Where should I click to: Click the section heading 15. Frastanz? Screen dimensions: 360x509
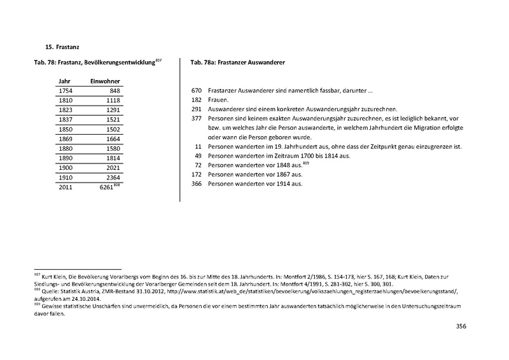62,47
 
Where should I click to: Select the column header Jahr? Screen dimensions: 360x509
64,81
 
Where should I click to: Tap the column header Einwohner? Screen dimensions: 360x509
106,81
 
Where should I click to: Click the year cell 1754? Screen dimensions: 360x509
65,91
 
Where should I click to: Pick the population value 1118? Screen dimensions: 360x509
112,100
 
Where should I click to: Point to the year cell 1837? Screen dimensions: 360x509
65,119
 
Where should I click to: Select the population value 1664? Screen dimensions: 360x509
112,138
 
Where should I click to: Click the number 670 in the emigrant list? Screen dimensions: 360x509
196,91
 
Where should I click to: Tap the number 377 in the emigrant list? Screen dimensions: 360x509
196,119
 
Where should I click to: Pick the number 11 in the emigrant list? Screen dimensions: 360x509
198,147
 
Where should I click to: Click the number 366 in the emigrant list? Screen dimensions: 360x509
196,184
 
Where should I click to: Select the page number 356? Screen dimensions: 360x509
461,326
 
